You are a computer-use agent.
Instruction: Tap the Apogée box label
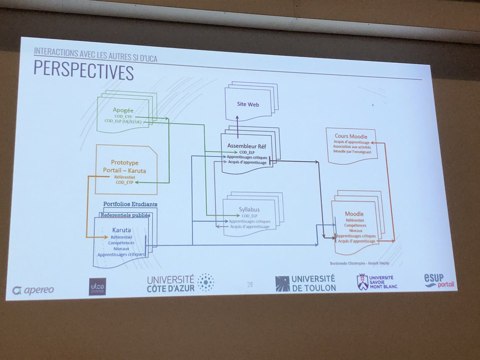(x=122, y=109)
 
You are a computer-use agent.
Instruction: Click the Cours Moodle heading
(x=351, y=136)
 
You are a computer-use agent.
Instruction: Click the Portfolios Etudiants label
(x=130, y=204)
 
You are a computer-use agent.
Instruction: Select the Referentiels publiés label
(x=125, y=215)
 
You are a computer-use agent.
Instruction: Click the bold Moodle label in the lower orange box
(x=354, y=213)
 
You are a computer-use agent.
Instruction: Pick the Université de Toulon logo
(x=305, y=283)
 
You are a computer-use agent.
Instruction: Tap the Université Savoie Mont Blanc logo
(x=375, y=282)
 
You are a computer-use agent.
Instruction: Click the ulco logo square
(x=97, y=286)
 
